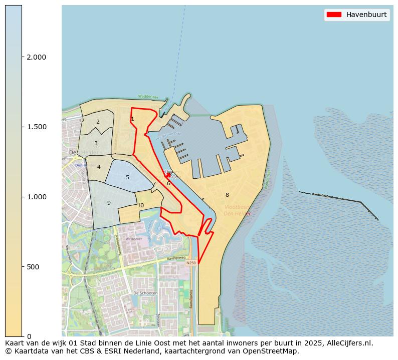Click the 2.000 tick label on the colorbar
(37, 57)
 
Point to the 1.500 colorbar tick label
(37, 127)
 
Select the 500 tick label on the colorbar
(33, 267)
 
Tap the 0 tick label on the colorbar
(29, 336)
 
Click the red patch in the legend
(334, 15)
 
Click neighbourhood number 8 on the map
(227, 195)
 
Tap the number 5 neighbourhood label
(127, 177)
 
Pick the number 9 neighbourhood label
(109, 203)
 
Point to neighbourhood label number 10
(141, 205)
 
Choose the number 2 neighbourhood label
(98, 122)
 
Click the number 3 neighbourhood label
(96, 143)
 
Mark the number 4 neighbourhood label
(99, 167)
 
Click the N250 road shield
(190, 263)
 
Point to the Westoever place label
(134, 239)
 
